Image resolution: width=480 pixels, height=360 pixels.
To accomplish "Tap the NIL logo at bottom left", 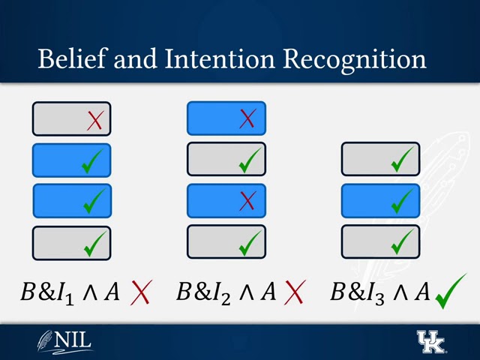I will click(x=65, y=341).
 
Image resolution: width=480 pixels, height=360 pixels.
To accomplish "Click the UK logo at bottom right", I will click(x=430, y=341).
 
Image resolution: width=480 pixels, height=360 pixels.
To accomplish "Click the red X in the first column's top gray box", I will click(x=94, y=120).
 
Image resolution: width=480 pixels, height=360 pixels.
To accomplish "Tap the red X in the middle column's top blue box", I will click(x=247, y=118).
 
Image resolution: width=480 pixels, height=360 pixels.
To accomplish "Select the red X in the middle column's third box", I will click(x=247, y=201).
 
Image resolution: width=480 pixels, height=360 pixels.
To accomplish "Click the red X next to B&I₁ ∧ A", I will click(x=140, y=292).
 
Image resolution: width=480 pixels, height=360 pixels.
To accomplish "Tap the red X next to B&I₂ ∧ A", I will click(x=294, y=292).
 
